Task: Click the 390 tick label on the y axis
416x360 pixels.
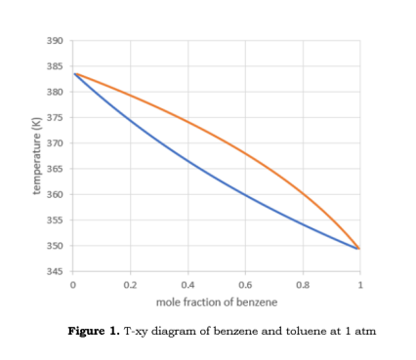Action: tap(55, 41)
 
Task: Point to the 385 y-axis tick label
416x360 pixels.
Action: tap(55, 66)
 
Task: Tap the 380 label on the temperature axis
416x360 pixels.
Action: tap(55, 92)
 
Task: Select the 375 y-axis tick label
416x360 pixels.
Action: tap(55, 118)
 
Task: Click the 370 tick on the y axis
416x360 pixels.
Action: tap(55, 143)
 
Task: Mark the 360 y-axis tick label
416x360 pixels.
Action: tap(55, 195)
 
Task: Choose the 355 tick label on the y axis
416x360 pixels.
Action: tap(55, 220)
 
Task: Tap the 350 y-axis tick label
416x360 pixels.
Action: tap(55, 246)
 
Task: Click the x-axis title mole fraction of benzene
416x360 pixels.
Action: tap(216, 300)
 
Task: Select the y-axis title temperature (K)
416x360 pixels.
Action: tap(37, 156)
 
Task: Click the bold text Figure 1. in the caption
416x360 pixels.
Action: tap(94, 332)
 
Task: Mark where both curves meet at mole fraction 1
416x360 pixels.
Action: tap(359, 249)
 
